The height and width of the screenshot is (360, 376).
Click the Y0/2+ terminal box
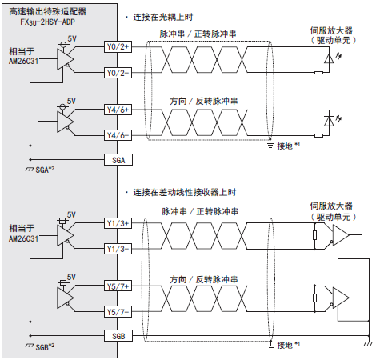point(118,47)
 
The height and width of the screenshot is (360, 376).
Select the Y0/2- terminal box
point(118,73)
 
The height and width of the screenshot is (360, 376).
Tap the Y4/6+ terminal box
point(118,110)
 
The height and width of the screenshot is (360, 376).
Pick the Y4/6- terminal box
point(118,135)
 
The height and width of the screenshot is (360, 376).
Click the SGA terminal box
point(118,160)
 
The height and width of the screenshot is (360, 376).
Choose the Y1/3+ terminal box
point(118,223)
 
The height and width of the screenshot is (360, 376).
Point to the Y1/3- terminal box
point(118,249)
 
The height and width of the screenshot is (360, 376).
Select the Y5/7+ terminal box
point(118,286)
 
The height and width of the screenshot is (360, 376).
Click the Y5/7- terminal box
point(118,312)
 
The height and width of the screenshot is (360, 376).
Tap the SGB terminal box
point(118,336)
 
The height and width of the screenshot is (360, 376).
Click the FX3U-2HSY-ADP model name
point(47,22)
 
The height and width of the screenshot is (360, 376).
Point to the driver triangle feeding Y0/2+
point(65,59)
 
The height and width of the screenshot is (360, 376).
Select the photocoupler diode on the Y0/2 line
point(329,58)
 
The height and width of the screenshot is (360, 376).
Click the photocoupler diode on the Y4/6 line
point(329,121)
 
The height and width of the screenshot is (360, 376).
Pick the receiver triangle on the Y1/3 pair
point(341,235)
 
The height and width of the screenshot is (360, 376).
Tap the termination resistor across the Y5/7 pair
point(314,298)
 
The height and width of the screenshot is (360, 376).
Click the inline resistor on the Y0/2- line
point(318,73)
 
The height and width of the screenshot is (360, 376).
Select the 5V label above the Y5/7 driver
point(71,278)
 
